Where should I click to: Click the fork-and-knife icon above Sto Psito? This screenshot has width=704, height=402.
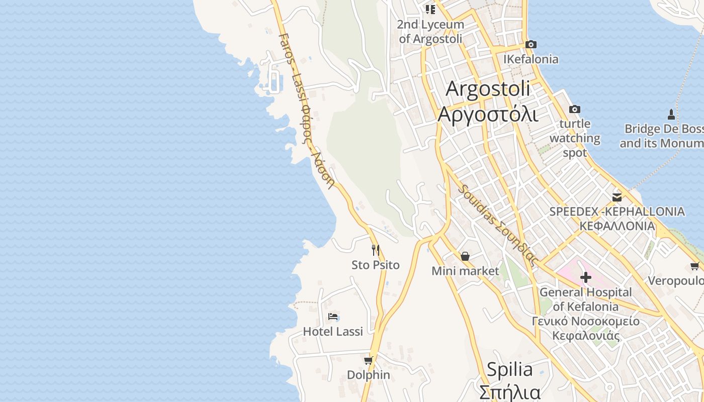click(x=375, y=250)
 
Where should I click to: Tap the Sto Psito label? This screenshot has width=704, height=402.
click(x=375, y=265)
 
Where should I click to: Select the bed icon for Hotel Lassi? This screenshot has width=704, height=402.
click(x=333, y=317)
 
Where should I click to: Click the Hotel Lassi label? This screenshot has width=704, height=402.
click(x=333, y=332)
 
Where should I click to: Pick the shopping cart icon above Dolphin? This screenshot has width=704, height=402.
click(x=369, y=360)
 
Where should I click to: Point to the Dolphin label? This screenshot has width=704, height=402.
click(x=369, y=375)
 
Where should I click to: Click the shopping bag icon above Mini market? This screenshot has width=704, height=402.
click(x=465, y=256)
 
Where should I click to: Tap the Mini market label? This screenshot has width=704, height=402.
click(x=465, y=271)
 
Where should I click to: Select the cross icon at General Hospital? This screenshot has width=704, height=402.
click(x=585, y=277)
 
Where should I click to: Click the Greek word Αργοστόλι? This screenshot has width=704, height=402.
click(x=488, y=115)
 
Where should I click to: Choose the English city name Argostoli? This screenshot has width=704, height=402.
click(x=488, y=89)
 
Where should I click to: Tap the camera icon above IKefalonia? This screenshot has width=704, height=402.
click(x=531, y=45)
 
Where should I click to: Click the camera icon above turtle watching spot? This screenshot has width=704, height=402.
click(x=574, y=109)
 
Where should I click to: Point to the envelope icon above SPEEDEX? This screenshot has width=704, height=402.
click(x=617, y=197)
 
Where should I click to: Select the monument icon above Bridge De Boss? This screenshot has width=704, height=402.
click(x=671, y=114)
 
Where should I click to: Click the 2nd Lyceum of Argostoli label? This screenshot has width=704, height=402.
click(x=430, y=31)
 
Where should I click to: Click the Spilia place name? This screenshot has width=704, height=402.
click(x=510, y=370)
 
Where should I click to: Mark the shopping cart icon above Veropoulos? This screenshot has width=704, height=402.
click(x=694, y=266)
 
